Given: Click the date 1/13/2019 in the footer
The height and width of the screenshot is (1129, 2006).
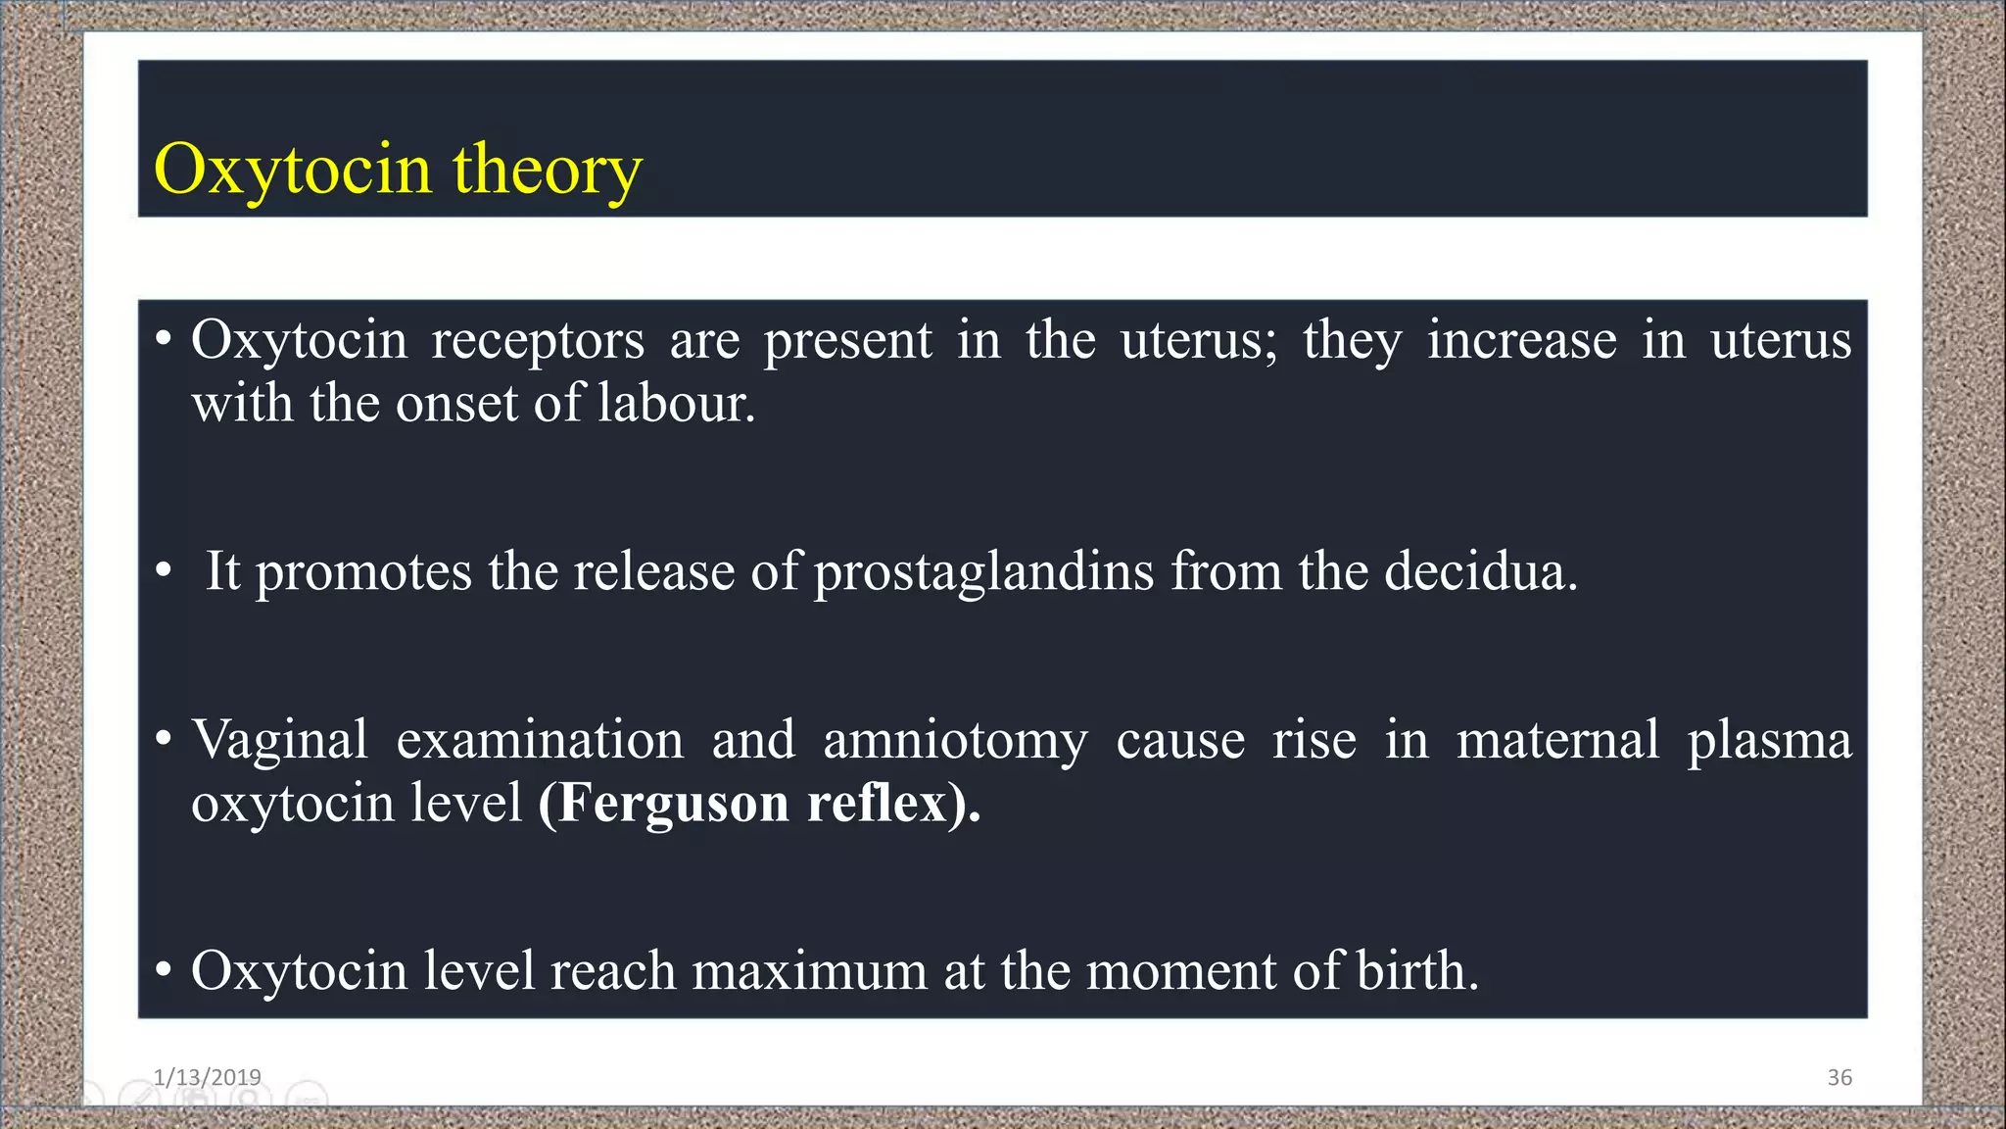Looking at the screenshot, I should tap(207, 1077).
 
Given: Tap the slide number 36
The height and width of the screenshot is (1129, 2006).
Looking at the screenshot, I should tap(1839, 1077).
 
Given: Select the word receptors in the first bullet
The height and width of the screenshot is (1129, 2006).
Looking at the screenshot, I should tap(538, 341).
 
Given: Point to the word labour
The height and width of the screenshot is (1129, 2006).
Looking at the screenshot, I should tap(676, 404).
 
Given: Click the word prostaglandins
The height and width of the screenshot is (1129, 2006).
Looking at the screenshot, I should tap(983, 571).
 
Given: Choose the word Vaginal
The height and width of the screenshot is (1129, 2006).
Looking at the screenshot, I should tap(280, 740).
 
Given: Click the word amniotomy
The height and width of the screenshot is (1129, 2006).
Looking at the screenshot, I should tap(955, 740).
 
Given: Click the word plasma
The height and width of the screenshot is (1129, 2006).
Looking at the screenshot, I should tap(1769, 740).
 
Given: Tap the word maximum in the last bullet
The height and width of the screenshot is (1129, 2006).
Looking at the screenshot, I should tap(809, 971).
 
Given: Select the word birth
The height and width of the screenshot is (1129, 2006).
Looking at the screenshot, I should tap(1416, 971).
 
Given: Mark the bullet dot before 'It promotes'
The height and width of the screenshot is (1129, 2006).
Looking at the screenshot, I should tap(164, 571).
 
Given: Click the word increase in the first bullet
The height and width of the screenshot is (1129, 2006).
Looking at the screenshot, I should tap(1521, 341).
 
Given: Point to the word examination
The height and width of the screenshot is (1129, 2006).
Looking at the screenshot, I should tap(540, 740).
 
